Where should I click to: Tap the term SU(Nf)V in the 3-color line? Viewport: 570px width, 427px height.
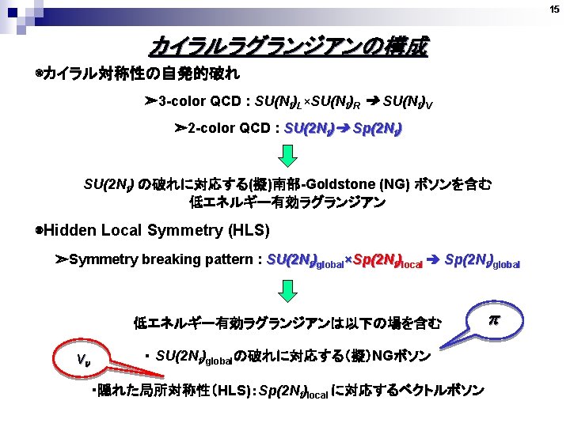(x=409, y=103)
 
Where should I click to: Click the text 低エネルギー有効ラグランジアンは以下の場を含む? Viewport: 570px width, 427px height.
(x=287, y=322)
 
